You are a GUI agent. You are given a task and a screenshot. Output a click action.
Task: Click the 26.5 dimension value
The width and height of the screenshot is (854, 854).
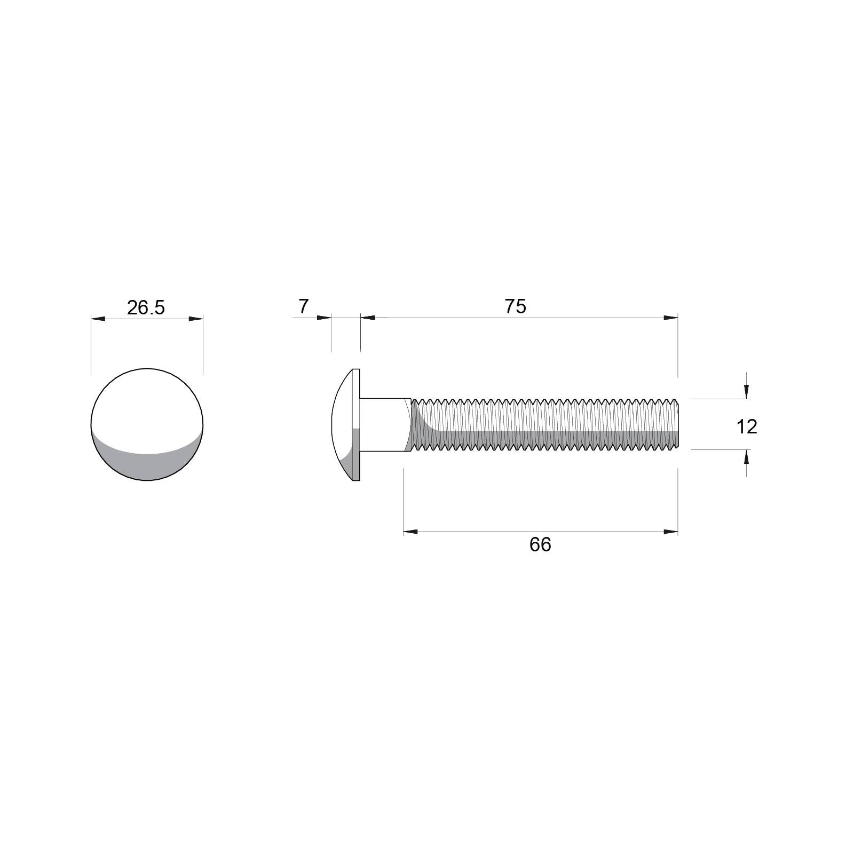tap(146, 307)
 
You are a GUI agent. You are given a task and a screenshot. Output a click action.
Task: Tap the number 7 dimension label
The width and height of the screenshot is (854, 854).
tap(303, 306)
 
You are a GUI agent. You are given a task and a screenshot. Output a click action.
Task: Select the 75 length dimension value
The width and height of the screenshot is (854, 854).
tap(516, 306)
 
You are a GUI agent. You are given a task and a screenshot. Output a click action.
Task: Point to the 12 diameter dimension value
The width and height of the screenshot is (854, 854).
tap(747, 426)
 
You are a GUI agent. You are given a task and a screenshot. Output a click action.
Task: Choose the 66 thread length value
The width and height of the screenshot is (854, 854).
tap(540, 544)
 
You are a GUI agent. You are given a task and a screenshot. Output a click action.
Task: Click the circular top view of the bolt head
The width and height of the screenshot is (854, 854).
tap(147, 424)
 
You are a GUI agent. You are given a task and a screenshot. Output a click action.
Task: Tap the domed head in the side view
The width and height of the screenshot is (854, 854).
tap(346, 424)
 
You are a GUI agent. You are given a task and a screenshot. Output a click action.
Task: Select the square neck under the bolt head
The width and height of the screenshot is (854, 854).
tap(385, 425)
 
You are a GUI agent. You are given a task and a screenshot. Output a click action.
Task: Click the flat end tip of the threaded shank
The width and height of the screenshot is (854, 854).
tap(677, 424)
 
